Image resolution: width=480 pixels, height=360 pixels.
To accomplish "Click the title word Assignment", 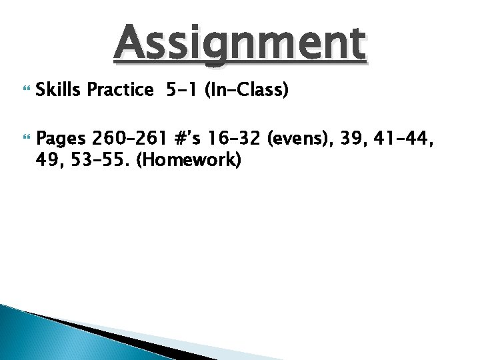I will [x=240, y=43].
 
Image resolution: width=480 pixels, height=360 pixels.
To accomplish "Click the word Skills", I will [x=59, y=90].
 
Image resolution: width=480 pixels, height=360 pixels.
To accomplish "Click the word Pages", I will [x=61, y=139].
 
